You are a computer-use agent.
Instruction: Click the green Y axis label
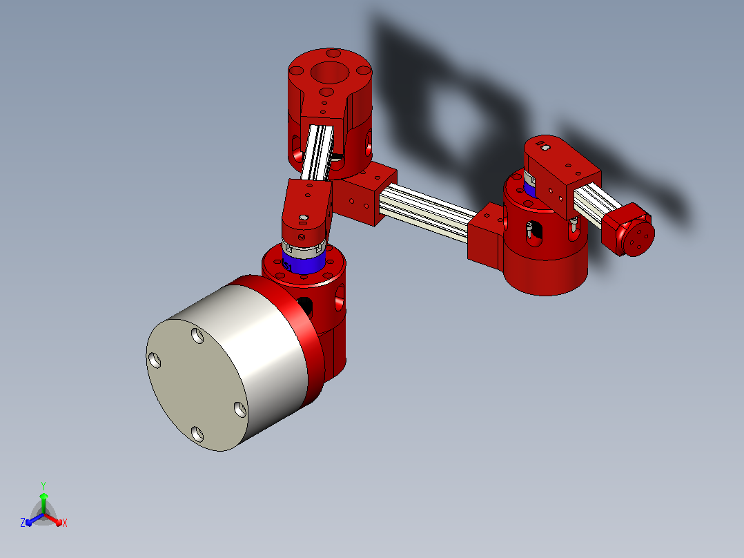[x=43, y=485]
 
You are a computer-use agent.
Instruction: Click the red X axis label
[x=65, y=523]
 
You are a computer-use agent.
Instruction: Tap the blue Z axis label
[x=23, y=522]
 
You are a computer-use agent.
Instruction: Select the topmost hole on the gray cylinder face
[x=197, y=336]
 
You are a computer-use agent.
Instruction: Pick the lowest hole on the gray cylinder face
[x=197, y=434]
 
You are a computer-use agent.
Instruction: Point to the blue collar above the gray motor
[x=304, y=264]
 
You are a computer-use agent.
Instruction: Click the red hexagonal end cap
[x=629, y=230]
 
